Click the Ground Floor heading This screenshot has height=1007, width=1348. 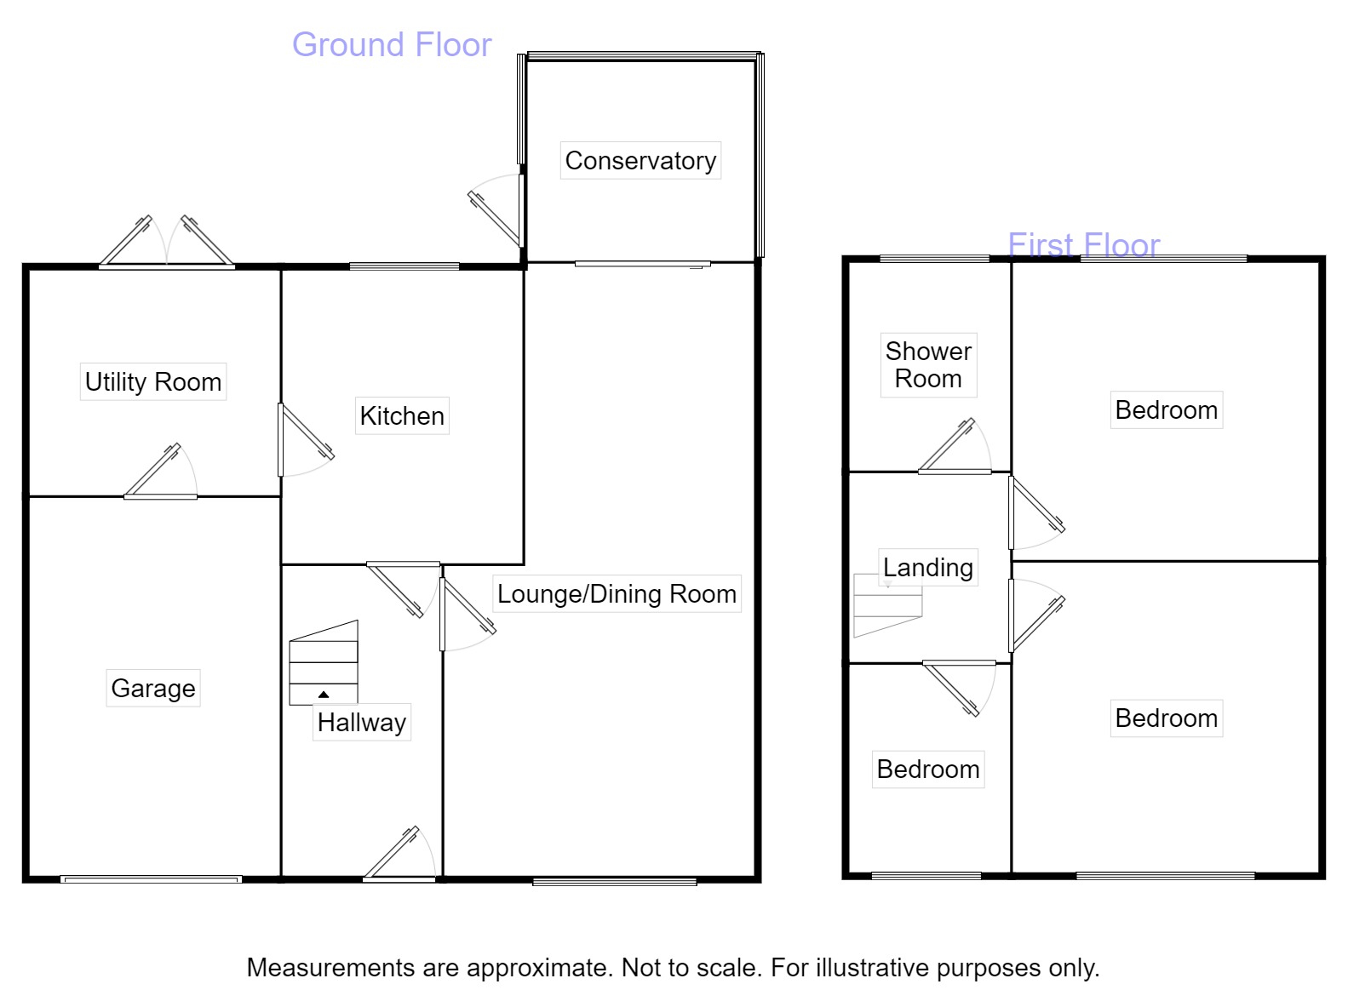point(392,45)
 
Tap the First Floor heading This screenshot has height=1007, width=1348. point(1083,245)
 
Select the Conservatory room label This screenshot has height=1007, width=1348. point(640,161)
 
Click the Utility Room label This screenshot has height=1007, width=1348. point(153,382)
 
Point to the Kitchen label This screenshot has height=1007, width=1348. point(402,416)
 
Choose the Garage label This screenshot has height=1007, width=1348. point(153,688)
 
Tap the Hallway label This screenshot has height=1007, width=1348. point(362,723)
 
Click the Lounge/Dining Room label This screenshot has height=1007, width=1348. point(617,594)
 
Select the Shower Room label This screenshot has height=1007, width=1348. point(928,365)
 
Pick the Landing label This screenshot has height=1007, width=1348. point(927,568)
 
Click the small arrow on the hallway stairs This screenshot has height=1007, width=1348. point(324,695)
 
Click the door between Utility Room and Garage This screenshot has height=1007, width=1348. point(160,473)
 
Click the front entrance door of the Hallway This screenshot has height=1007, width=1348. point(399,855)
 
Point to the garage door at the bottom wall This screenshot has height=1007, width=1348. point(151,879)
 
